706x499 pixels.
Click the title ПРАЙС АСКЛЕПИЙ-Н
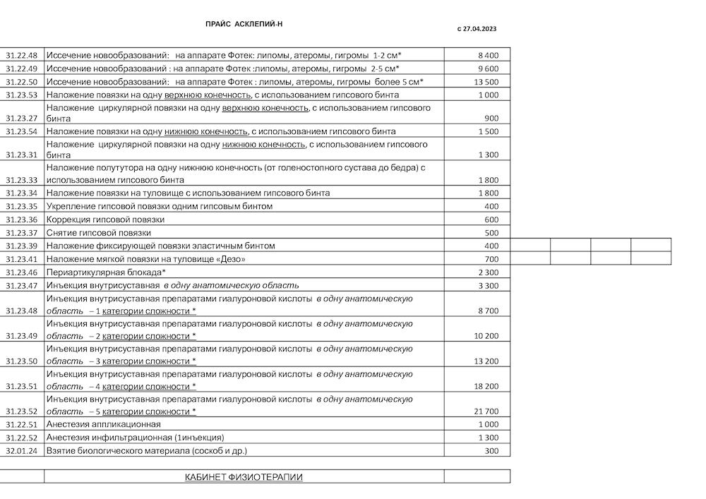(x=244, y=24)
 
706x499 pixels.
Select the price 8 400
(x=488, y=55)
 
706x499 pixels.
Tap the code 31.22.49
(x=22, y=68)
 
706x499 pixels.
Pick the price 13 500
(x=486, y=82)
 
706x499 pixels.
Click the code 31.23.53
(x=22, y=95)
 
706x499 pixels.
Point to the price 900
(x=491, y=119)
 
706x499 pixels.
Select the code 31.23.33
(x=22, y=180)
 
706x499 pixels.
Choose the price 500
(x=491, y=233)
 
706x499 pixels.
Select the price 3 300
(x=488, y=286)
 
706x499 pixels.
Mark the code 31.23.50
(x=22, y=361)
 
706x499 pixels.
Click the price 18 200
(x=486, y=386)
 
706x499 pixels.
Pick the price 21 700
(x=486, y=411)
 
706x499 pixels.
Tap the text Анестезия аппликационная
(x=103, y=424)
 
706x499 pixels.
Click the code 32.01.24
(x=22, y=450)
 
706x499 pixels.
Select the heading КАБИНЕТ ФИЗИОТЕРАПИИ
(x=244, y=477)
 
